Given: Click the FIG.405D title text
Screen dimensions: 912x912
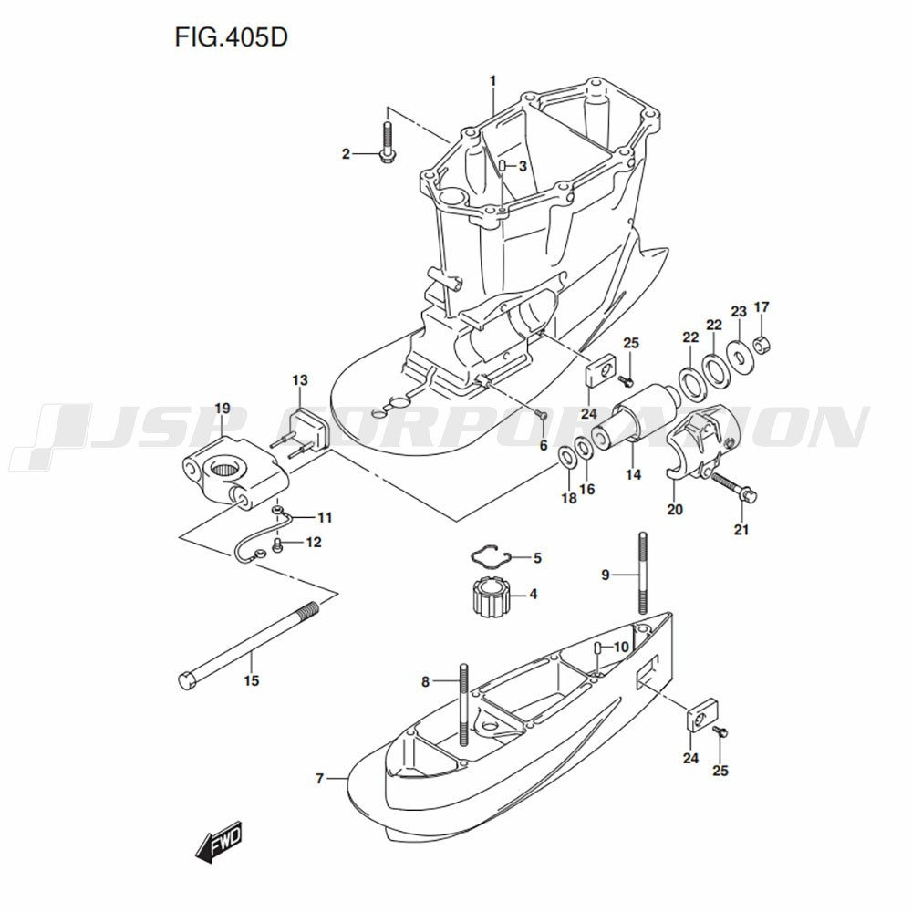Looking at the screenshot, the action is point(231,37).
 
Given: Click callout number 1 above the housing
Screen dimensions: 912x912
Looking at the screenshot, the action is point(492,81).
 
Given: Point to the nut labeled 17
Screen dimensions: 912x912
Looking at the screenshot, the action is point(762,346).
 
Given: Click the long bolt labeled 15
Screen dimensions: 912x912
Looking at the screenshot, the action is point(248,646).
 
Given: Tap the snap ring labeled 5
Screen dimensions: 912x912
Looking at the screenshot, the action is point(491,557).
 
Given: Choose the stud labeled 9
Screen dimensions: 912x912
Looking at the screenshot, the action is point(642,573).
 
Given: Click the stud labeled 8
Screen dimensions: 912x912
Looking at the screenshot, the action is point(463,704).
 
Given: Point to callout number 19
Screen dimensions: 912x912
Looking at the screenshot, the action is point(223,409).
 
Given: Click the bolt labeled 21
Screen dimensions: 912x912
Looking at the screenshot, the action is point(734,488).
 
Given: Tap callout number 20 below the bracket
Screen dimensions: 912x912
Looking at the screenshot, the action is point(675,510).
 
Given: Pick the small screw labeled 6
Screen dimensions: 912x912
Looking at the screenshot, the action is point(540,414).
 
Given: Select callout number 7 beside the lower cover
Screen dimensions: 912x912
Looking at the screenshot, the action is point(319,778).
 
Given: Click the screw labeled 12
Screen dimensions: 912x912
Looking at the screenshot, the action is point(277,544).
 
